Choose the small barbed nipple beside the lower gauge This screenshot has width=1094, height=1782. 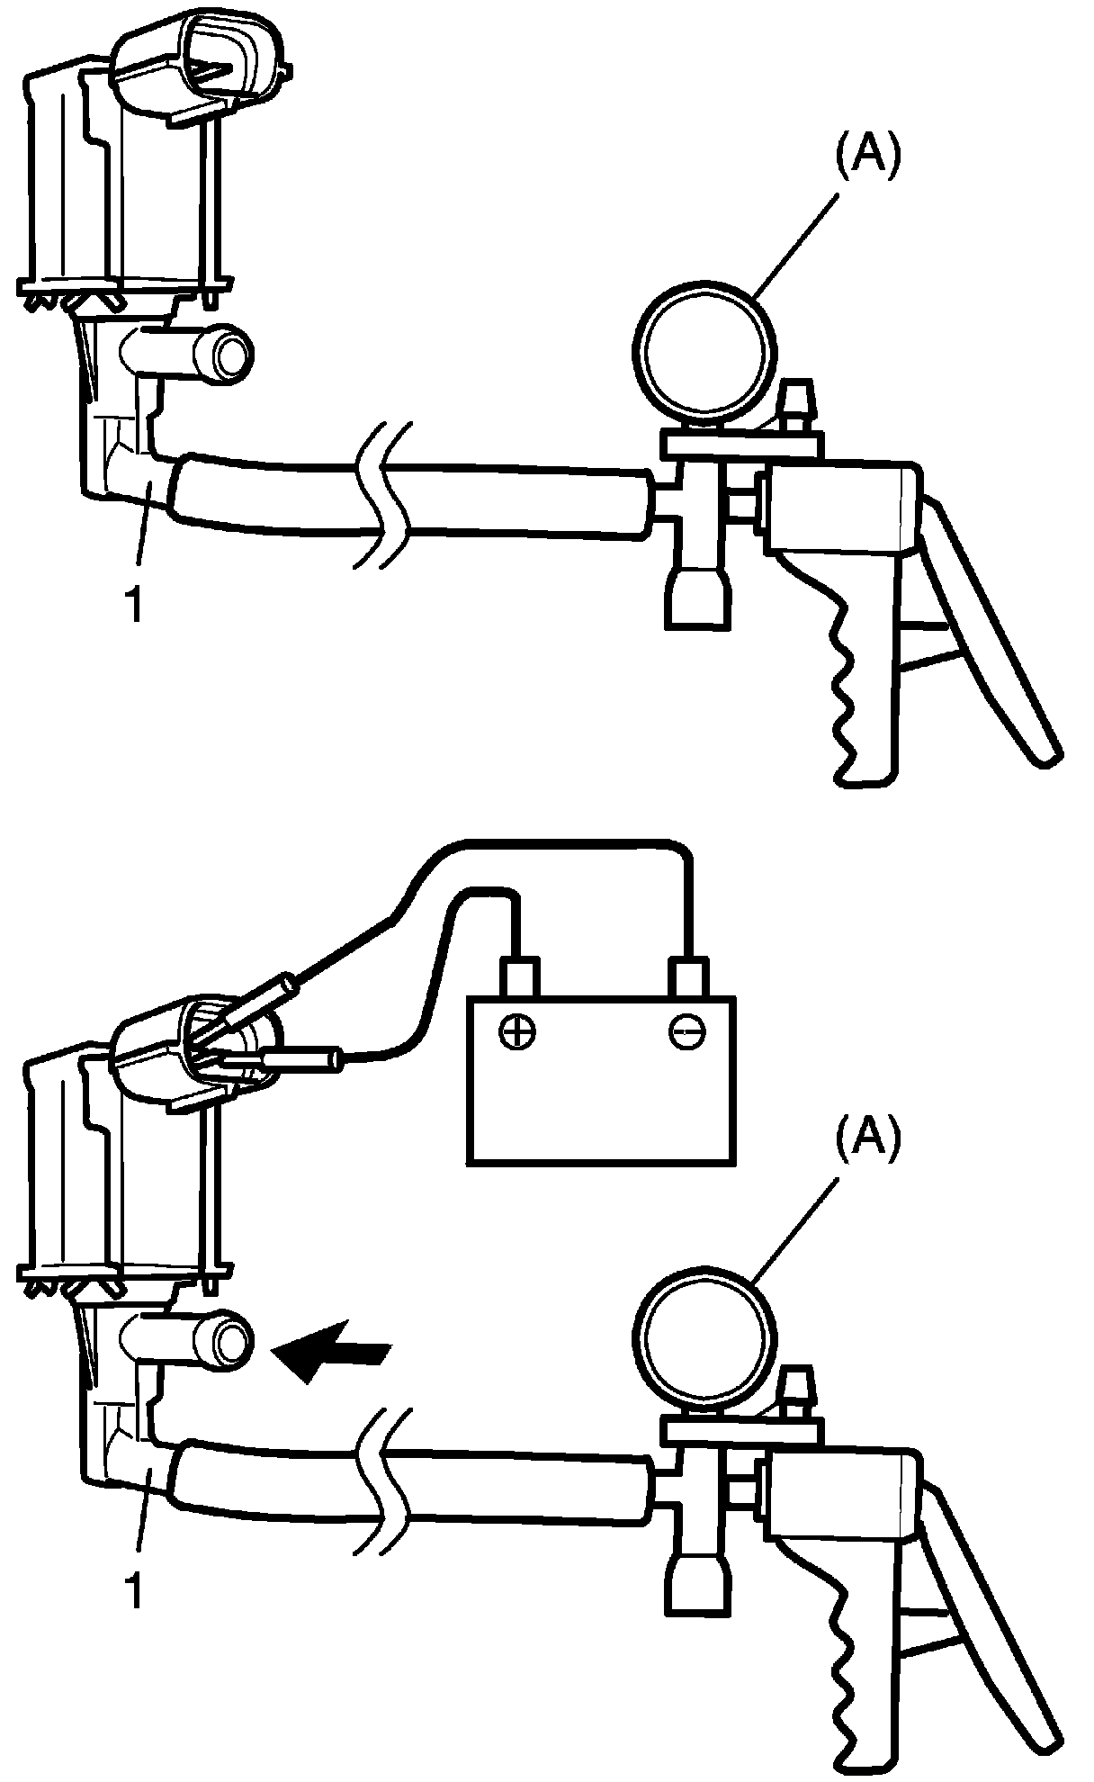pos(795,1385)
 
